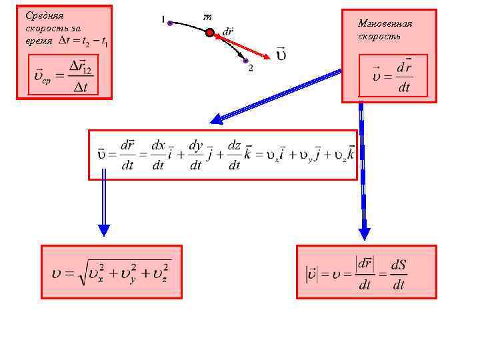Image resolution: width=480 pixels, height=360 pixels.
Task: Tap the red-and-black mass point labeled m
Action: [x=209, y=32]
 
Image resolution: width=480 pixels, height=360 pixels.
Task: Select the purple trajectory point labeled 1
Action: [x=170, y=23]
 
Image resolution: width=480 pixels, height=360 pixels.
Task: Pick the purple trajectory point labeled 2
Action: [x=245, y=61]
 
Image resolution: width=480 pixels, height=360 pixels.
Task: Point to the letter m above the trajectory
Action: [x=207, y=16]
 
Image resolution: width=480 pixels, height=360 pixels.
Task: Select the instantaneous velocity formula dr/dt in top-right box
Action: [x=393, y=77]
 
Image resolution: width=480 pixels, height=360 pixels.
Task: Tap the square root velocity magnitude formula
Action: [x=111, y=272]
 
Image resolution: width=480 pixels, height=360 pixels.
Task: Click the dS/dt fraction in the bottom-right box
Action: [x=398, y=274]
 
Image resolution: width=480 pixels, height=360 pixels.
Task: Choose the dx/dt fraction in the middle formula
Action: [x=159, y=155]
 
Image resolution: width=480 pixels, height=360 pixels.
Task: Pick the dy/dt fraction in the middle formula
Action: [x=195, y=155]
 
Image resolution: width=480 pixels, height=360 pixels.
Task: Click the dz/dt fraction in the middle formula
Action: [x=234, y=155]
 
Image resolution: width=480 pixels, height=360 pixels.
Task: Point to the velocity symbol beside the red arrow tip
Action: [x=281, y=54]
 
